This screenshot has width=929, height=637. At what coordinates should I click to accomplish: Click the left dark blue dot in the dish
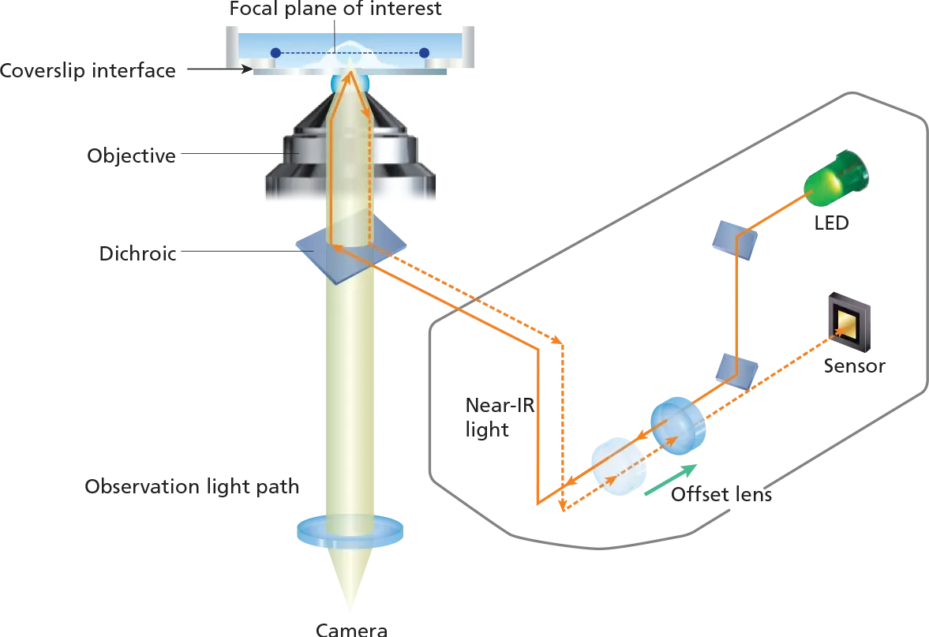275,53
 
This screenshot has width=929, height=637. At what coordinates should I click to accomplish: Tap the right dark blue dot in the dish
424,53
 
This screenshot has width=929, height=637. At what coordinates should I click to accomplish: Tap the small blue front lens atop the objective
350,82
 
